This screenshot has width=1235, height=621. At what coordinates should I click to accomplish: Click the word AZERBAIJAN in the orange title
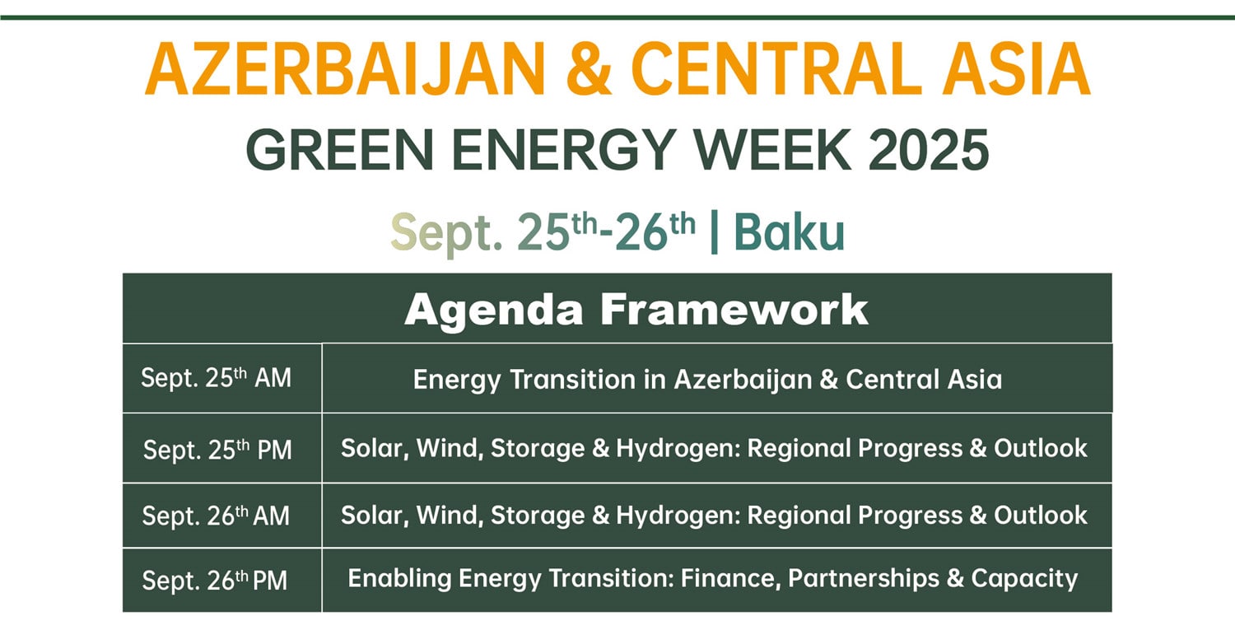coord(346,69)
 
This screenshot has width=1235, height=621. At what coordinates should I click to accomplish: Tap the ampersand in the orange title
coord(590,69)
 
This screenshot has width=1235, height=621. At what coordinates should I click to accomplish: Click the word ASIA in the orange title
coord(1016,69)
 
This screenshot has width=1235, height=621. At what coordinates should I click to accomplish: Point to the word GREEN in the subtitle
coord(339,150)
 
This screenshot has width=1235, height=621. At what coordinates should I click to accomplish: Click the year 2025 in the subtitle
coord(929,150)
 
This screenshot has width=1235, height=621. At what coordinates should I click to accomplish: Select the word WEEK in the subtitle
coord(772,150)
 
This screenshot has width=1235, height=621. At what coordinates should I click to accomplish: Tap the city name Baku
coord(789,232)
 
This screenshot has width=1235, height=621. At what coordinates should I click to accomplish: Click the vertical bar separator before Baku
coord(715,231)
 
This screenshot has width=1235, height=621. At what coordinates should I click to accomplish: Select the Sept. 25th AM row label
coord(216,378)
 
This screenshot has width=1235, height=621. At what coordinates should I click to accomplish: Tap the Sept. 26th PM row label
coord(214,580)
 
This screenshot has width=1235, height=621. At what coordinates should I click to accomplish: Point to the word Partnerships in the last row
coord(864,579)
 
